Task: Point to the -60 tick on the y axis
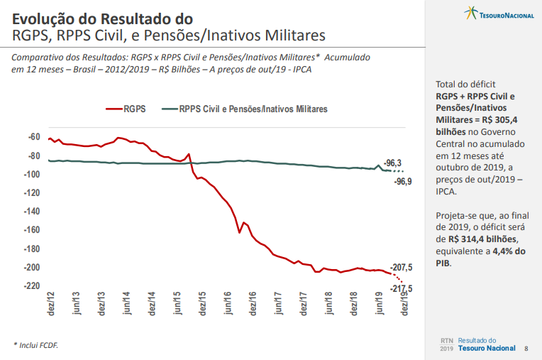point(33,137)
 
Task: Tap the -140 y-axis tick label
point(31,212)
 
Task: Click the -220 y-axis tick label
point(31,286)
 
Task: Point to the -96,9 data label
point(403,182)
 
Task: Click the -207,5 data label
point(402,267)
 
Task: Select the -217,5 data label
point(402,288)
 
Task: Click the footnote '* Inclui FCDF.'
point(36,345)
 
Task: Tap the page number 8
point(526,349)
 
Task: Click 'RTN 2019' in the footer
point(446,344)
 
